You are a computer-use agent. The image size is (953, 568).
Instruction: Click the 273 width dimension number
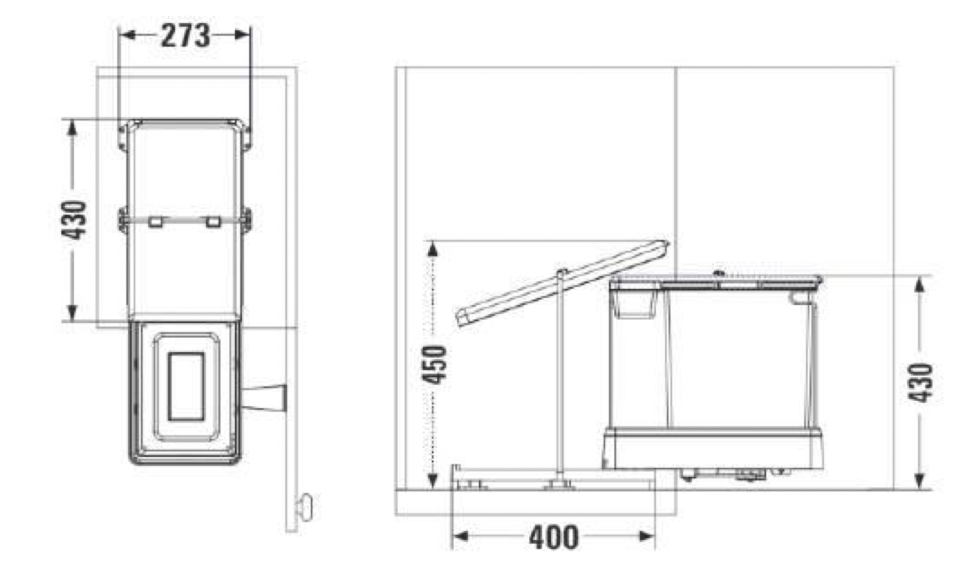point(185,36)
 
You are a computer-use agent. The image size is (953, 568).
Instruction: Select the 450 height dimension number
point(436,364)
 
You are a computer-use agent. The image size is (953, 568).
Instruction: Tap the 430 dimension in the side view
point(920,383)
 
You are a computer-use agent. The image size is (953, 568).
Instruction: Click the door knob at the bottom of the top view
point(305,507)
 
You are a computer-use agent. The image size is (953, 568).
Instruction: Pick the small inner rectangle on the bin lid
point(186,386)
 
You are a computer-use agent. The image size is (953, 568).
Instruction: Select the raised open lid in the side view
point(562,284)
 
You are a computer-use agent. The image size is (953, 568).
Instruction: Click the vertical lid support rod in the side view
point(560,375)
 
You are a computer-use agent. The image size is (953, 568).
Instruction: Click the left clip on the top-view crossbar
point(155,222)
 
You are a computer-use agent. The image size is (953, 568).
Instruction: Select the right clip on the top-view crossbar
point(213,222)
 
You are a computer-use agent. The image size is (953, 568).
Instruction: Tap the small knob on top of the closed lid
point(719,274)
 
